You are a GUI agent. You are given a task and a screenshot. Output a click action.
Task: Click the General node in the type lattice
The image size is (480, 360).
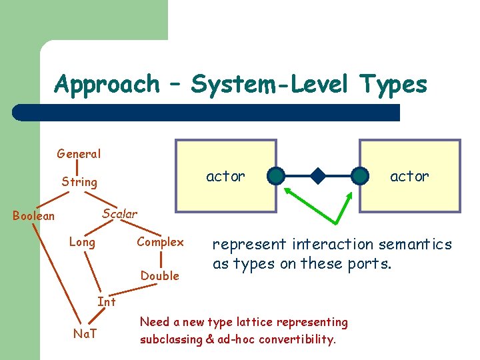pyautogui.click(x=79, y=154)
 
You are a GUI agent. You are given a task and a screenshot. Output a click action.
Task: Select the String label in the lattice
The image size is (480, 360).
pyautogui.click(x=79, y=181)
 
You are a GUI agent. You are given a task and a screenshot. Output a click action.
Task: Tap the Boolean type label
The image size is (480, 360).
pyautogui.click(x=34, y=215)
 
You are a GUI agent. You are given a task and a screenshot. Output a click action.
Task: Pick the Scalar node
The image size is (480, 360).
pyautogui.click(x=119, y=214)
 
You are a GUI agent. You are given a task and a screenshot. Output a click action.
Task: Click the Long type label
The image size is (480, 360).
pyautogui.click(x=82, y=242)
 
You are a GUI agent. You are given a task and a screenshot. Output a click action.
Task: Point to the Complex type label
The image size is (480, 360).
pyautogui.click(x=160, y=242)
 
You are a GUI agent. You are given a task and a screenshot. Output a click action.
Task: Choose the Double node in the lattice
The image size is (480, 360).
pyautogui.click(x=160, y=275)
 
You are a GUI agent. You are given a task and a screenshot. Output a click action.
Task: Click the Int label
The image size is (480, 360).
pyautogui.click(x=107, y=301)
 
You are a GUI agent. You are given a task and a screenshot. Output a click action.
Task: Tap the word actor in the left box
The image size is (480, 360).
pyautogui.click(x=225, y=176)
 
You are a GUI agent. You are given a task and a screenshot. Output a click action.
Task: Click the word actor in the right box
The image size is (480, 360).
pyautogui.click(x=409, y=176)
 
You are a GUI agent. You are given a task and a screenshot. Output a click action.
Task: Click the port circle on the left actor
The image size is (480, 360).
pyautogui.click(x=276, y=176)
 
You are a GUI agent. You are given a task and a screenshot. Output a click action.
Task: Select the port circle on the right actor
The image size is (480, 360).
pyautogui.click(x=360, y=176)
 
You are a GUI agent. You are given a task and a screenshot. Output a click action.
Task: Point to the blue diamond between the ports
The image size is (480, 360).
pyautogui.click(x=318, y=177)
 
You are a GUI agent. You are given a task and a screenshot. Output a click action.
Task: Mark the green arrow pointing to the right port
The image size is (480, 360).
pyautogui.click(x=341, y=207)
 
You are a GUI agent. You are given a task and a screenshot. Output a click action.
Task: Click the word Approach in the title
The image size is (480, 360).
pyautogui.click(x=107, y=85)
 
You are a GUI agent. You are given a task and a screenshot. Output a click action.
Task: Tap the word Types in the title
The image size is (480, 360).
pyautogui.click(x=393, y=85)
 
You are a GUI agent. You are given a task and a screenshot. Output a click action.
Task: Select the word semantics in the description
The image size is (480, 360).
pyautogui.click(x=413, y=245)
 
